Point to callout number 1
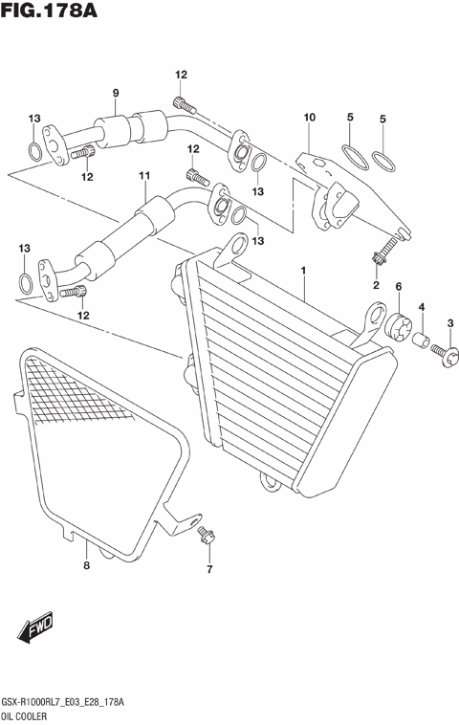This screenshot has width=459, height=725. coord(303,271)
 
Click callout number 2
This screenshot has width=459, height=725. coord(376,285)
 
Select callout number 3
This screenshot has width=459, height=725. coord(450,323)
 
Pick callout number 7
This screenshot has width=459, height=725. coord(208,571)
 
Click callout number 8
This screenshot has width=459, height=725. coord(85,566)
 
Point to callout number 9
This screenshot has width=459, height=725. coord(115,93)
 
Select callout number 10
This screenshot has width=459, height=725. coord(308,118)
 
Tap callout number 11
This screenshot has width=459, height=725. coord(144,176)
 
